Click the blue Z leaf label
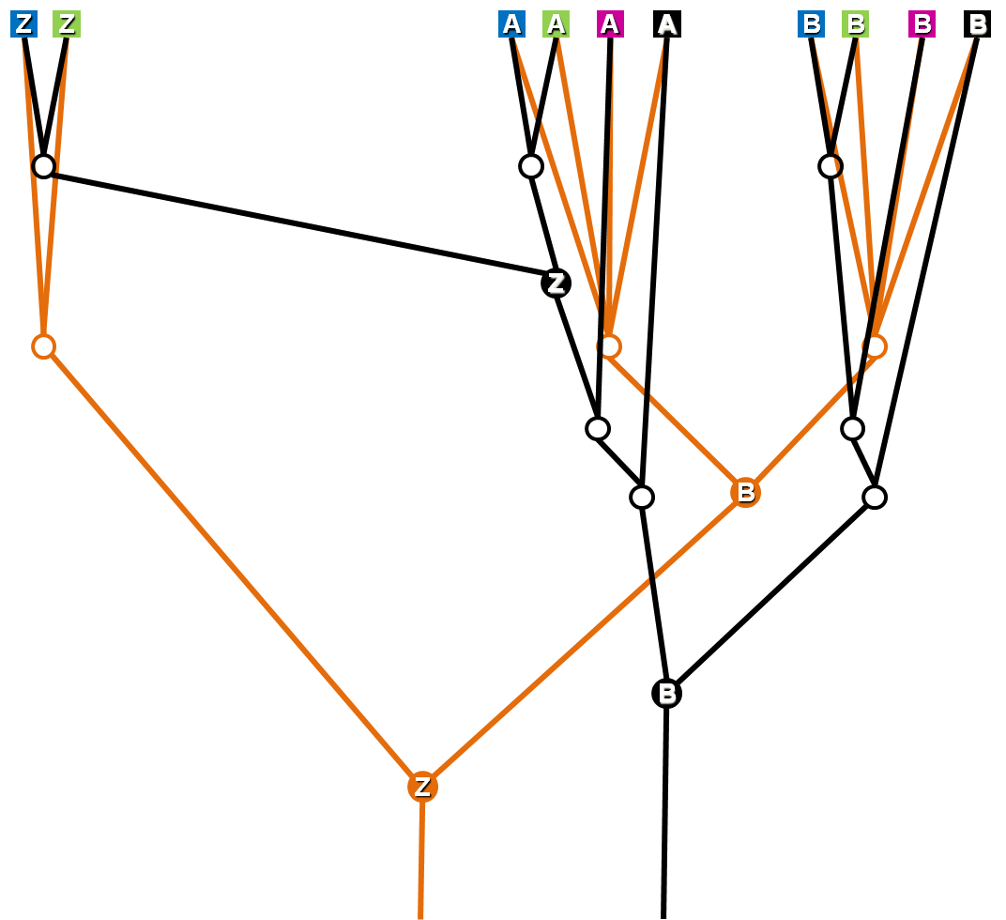coord(23,24)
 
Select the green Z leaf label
coord(67,24)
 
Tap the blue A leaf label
coord(511,24)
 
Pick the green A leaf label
coord(556,24)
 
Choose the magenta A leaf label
coord(610,24)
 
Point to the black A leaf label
coord(667,24)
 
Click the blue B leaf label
coord(812,24)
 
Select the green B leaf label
coord(855,24)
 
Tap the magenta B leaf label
coord(922,24)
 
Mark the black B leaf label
coord(978,24)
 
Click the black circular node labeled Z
coord(556,283)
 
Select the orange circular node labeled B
coord(745,492)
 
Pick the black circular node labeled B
coord(666,694)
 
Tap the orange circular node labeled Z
coord(422,787)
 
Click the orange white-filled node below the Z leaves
coord(43,346)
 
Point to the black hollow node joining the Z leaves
coord(43,166)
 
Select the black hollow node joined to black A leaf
coord(642,497)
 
